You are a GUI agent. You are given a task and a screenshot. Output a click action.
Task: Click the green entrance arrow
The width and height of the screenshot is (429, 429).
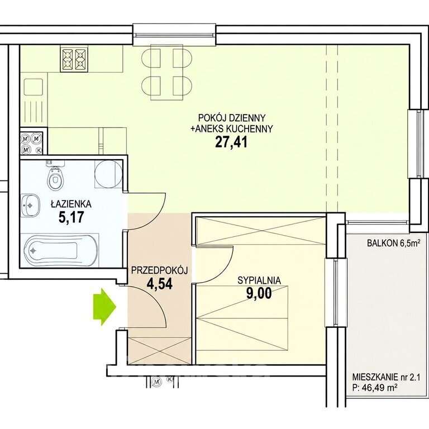[104, 307]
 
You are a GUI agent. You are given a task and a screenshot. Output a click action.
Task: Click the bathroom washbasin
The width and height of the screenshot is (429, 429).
[30, 205]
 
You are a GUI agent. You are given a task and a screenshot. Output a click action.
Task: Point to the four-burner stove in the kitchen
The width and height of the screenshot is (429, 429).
[74, 59]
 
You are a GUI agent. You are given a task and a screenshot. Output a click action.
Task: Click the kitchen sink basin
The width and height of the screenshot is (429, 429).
[34, 87]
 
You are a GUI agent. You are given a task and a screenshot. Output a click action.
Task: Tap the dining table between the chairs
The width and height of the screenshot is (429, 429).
[167, 72]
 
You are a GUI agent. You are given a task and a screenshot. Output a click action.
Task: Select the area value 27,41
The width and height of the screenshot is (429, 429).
[231, 142]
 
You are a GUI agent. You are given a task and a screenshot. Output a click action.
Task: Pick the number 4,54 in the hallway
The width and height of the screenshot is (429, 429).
[160, 284]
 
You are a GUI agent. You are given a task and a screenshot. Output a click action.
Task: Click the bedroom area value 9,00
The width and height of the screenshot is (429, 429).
[259, 293]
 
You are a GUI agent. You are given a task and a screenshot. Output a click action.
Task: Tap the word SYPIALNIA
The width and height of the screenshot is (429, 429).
[259, 280]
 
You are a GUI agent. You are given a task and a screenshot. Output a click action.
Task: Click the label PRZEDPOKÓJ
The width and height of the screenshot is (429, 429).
[160, 270]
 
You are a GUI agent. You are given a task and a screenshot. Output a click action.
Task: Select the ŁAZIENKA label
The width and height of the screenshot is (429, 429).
[71, 204]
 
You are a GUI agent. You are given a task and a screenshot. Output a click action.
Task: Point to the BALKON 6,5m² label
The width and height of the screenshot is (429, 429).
[393, 243]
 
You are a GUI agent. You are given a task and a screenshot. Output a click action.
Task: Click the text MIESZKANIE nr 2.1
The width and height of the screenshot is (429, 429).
[386, 377]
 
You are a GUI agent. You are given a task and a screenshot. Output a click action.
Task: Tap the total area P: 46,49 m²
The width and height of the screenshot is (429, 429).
[375, 388]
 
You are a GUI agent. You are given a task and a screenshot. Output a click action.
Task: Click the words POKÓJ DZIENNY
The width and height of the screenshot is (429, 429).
[232, 118]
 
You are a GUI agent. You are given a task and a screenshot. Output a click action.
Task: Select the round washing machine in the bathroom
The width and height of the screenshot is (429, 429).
[108, 174]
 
